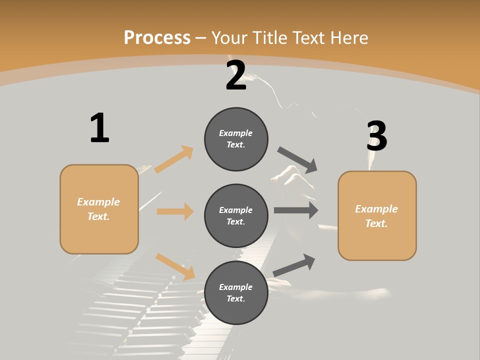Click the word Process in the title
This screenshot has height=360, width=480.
point(157,37)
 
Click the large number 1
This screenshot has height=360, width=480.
point(99,128)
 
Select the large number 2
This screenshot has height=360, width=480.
point(236,76)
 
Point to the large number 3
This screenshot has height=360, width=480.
point(376,136)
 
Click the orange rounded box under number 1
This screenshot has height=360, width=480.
point(99,209)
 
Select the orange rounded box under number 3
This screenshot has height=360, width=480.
point(377,216)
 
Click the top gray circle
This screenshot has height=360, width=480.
point(236,139)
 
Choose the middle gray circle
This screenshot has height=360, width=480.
point(236,215)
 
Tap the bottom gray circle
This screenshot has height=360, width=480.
point(236,292)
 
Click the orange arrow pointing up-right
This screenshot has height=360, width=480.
point(174,159)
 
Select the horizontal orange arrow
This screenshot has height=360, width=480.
point(175,211)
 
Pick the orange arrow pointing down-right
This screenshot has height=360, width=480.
point(175,266)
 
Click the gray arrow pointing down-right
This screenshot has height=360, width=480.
point(297,159)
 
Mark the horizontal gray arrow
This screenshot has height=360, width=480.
point(295,210)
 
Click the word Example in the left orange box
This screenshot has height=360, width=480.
point(98,202)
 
